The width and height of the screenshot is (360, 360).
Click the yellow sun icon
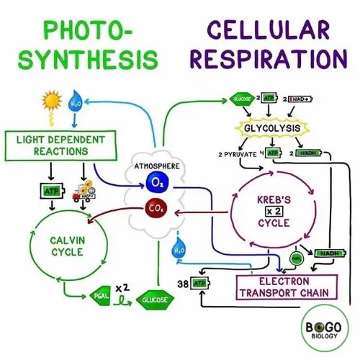pos(52,100)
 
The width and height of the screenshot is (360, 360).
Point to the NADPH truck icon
pos(86,191)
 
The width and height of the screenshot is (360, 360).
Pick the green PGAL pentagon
pos(99,296)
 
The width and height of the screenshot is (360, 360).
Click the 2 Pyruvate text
pos(238,154)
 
